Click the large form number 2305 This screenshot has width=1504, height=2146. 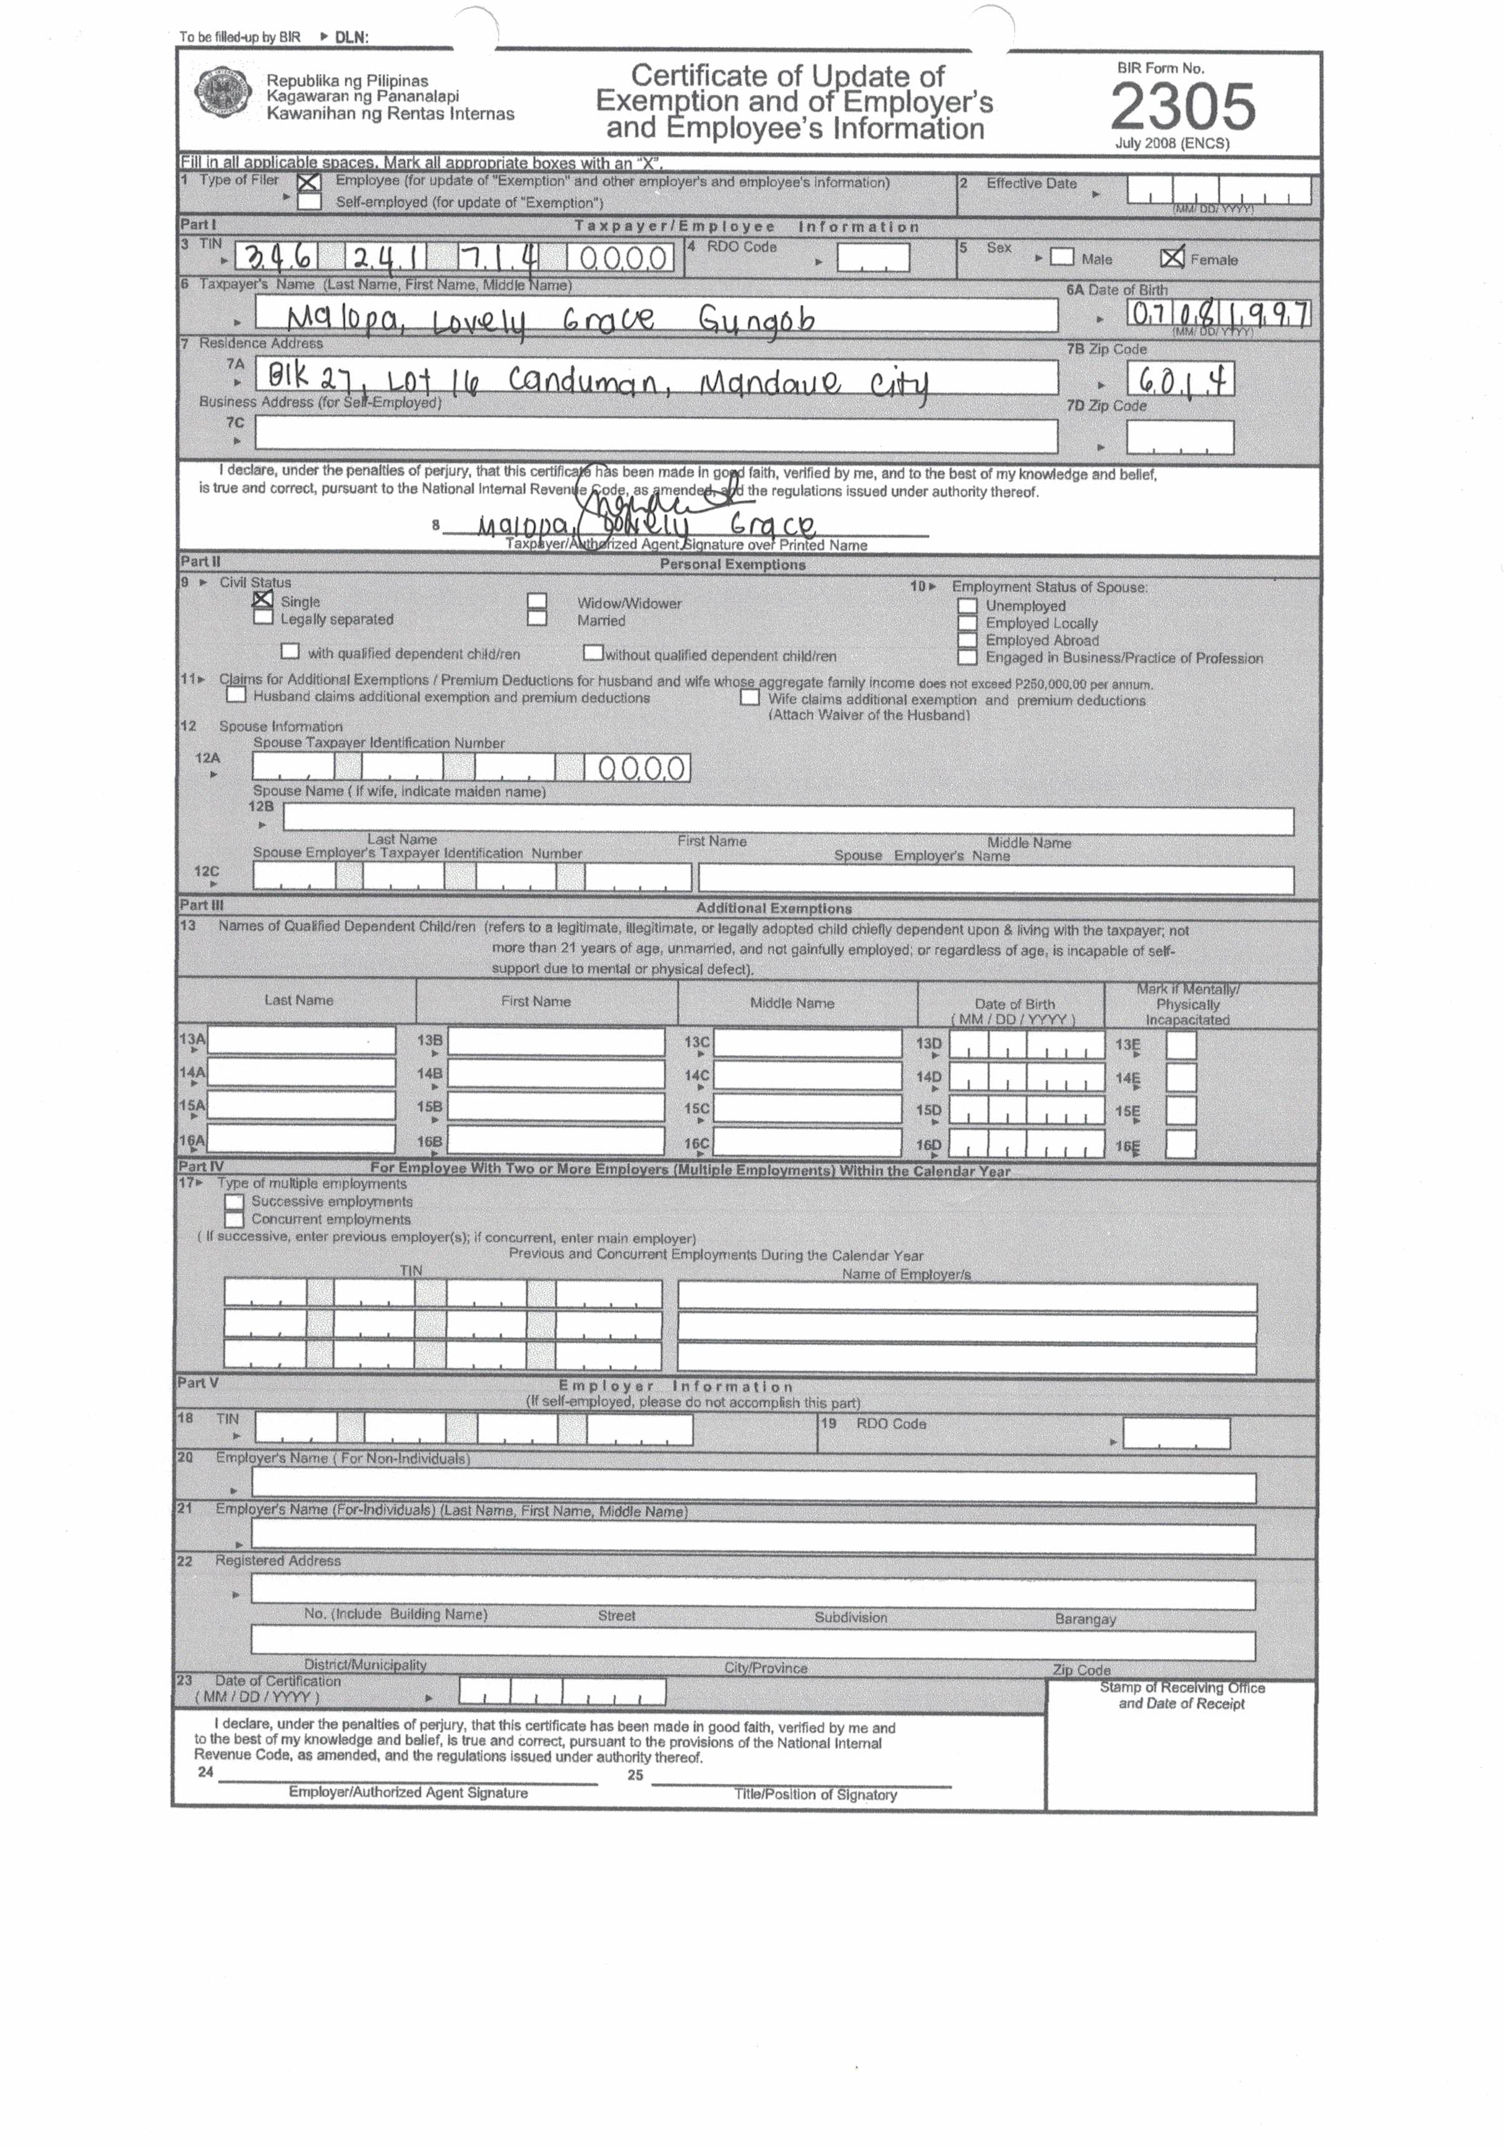(x=1182, y=107)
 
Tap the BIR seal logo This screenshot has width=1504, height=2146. (x=222, y=92)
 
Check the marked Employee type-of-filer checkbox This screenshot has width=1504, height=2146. (x=308, y=182)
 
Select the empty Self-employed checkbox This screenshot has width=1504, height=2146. (x=308, y=201)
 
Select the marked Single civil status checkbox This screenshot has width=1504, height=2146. (x=263, y=600)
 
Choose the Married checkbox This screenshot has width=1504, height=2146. (x=536, y=619)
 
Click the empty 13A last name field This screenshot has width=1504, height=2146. (x=301, y=1041)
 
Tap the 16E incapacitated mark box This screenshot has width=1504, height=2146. (x=1181, y=1144)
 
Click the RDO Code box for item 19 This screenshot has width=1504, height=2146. (x=1176, y=1434)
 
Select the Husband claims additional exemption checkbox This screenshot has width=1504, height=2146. (x=237, y=696)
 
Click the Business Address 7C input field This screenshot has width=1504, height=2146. (x=656, y=436)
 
